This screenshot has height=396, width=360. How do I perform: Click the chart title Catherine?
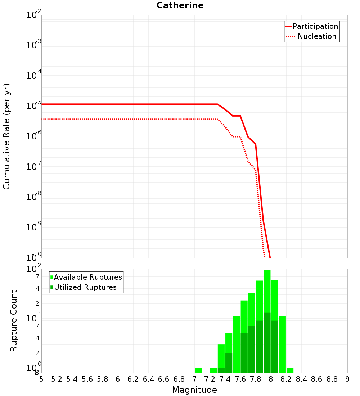(x=180, y=6)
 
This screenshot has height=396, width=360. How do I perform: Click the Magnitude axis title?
(x=194, y=390)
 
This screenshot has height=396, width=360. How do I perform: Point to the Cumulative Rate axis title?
(x=6, y=136)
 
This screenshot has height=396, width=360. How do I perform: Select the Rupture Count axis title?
(x=14, y=321)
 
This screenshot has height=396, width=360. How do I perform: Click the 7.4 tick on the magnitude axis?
(x=225, y=379)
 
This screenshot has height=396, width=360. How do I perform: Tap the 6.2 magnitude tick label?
(x=133, y=379)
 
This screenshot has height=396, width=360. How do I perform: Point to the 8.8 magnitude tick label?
(x=332, y=379)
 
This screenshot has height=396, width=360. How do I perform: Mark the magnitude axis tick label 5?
(x=41, y=379)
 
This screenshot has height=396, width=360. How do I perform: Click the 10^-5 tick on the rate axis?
(x=33, y=106)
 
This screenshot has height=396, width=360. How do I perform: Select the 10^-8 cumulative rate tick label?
(x=33, y=197)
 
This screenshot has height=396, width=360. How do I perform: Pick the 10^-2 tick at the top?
(x=33, y=15)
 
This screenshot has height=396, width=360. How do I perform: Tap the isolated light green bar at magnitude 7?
(x=198, y=370)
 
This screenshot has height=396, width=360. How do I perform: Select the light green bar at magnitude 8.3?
(x=290, y=370)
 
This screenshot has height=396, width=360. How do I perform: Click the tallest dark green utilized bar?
(x=267, y=342)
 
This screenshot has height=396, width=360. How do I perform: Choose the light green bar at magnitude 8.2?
(x=282, y=344)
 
